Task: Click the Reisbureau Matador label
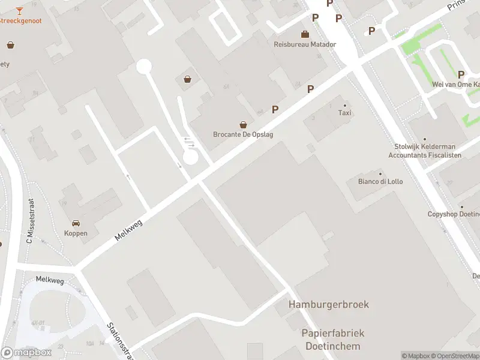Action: point(305,44)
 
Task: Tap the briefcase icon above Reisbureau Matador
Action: point(305,34)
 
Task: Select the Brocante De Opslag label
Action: point(243,134)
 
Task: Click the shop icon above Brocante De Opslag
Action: point(243,125)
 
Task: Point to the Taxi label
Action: point(344,113)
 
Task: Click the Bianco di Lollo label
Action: point(380,181)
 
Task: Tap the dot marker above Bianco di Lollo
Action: point(380,173)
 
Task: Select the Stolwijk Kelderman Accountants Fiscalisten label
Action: point(425,151)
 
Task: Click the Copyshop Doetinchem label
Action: point(454,214)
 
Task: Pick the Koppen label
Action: point(76,233)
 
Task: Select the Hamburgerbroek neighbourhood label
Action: point(329,304)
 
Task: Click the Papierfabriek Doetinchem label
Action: point(333,340)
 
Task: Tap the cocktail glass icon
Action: point(19,10)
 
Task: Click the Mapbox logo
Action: point(26,353)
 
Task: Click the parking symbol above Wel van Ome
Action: point(461,74)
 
